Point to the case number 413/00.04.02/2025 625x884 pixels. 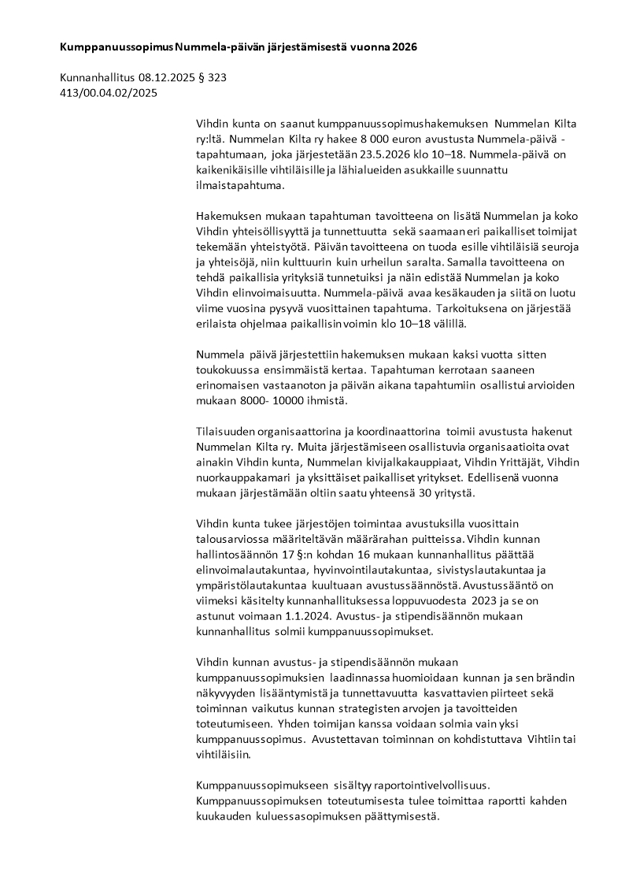[x=109, y=92]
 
